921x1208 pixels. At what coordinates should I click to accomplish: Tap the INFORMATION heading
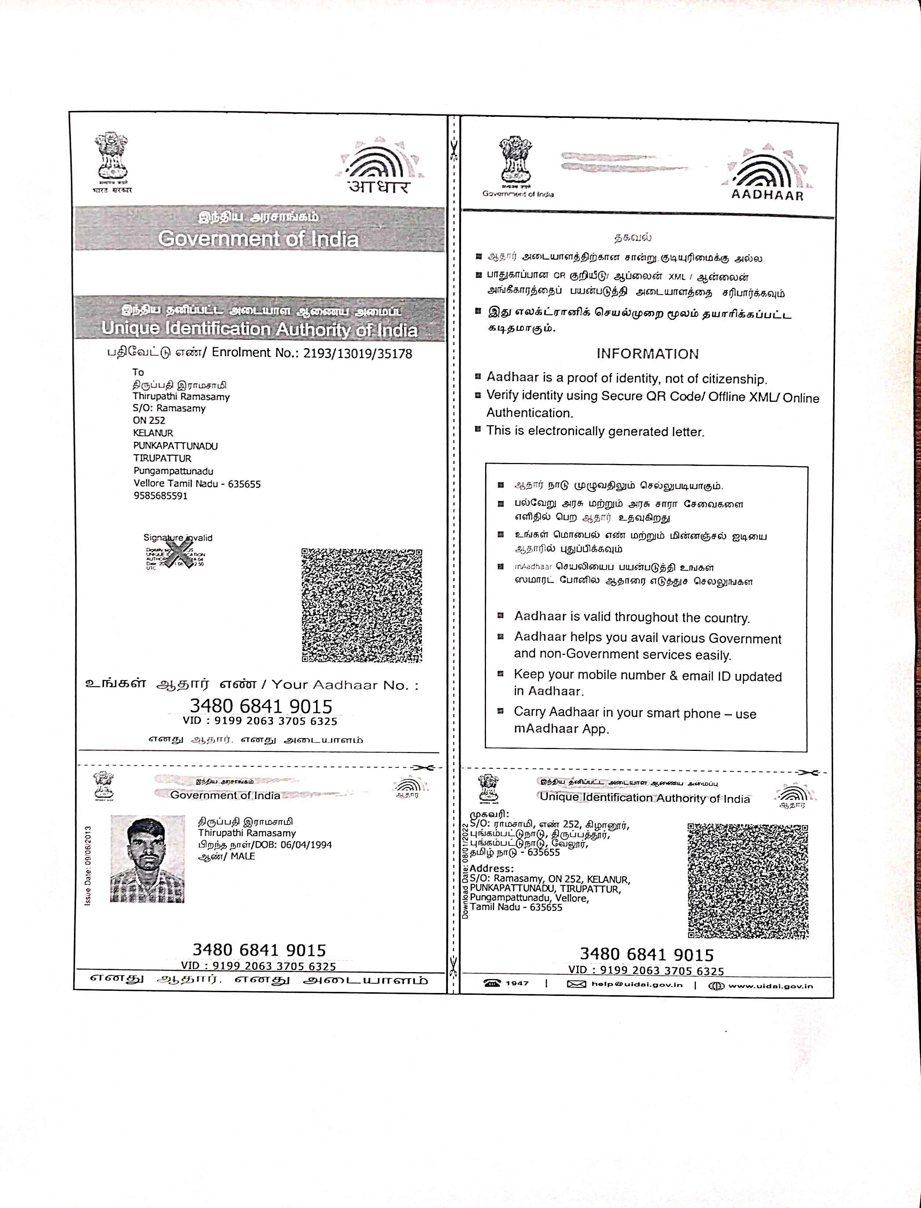click(x=647, y=354)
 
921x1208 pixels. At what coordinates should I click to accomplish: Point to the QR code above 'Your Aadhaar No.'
click(x=362, y=605)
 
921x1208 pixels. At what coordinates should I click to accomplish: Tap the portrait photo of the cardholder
click(x=148, y=859)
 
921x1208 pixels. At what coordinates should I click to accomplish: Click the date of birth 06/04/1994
click(x=306, y=845)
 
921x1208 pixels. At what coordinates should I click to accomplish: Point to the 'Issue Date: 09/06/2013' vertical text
click(x=88, y=865)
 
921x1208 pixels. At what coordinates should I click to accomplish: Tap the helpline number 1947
click(x=516, y=983)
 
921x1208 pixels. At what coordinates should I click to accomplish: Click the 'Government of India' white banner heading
click(x=258, y=239)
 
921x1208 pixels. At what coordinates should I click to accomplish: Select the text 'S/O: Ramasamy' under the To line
click(x=169, y=408)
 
